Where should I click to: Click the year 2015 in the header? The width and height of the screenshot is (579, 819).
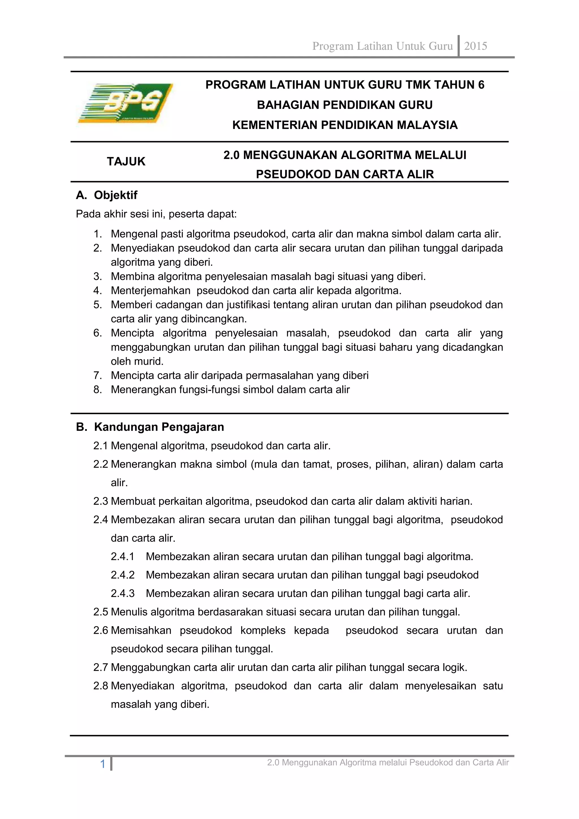coord(475,46)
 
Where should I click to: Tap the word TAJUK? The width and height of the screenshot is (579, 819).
coord(126,162)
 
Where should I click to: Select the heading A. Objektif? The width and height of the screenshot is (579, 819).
coord(107,195)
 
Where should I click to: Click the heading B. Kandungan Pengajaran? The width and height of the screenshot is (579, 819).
coord(150,427)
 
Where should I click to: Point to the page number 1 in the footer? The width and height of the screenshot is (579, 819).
coord(103,764)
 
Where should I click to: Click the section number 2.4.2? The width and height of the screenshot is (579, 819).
coord(123,575)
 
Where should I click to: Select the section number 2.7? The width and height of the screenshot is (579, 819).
coord(101,667)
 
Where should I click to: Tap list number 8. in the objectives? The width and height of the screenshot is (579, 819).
coord(98,390)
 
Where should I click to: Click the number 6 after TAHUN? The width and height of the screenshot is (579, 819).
coord(481,85)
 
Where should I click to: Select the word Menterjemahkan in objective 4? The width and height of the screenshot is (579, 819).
coord(150,291)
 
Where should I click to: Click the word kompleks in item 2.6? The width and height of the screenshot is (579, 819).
coord(263,630)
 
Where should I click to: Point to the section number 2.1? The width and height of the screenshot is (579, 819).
coord(101,446)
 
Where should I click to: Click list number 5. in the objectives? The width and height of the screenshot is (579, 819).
coord(98,305)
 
